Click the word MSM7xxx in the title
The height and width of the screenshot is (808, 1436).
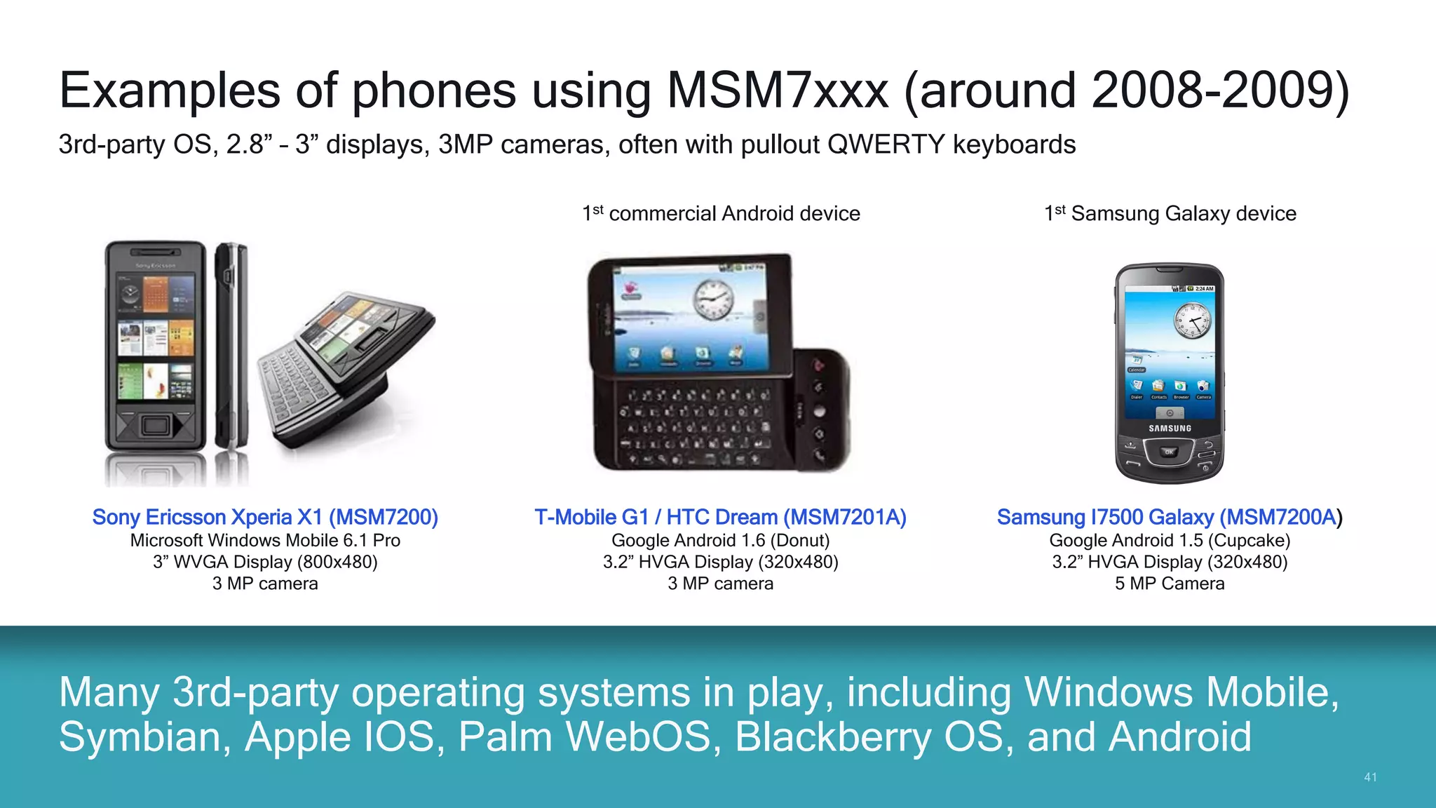point(778,91)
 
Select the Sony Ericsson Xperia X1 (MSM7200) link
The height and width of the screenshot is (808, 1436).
point(265,517)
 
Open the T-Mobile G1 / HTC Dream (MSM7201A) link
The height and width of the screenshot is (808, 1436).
point(720,517)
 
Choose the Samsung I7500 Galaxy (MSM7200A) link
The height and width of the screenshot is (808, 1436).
point(1169,517)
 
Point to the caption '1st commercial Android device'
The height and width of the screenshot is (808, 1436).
point(721,213)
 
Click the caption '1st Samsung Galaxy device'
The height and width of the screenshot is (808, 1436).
point(1170,213)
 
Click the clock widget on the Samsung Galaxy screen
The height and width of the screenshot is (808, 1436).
point(1192,321)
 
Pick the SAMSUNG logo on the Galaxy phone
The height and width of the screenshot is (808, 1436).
point(1170,428)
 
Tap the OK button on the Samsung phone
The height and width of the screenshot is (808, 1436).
point(1169,452)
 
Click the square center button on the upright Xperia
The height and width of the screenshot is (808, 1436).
point(155,425)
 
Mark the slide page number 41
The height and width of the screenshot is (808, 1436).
point(1370,777)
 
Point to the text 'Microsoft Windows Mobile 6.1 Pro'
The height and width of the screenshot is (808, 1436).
point(265,540)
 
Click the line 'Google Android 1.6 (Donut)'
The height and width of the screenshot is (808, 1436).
point(720,540)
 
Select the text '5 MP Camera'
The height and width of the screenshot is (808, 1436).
point(1169,584)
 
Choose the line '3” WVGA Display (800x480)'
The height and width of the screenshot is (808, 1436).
point(265,562)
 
